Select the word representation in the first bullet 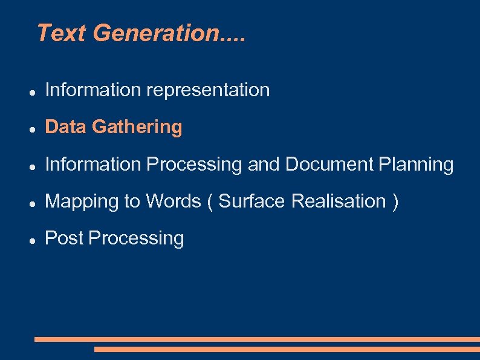(208, 90)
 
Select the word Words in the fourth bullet (171, 201)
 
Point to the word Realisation (339, 201)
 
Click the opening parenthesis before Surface (210, 201)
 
